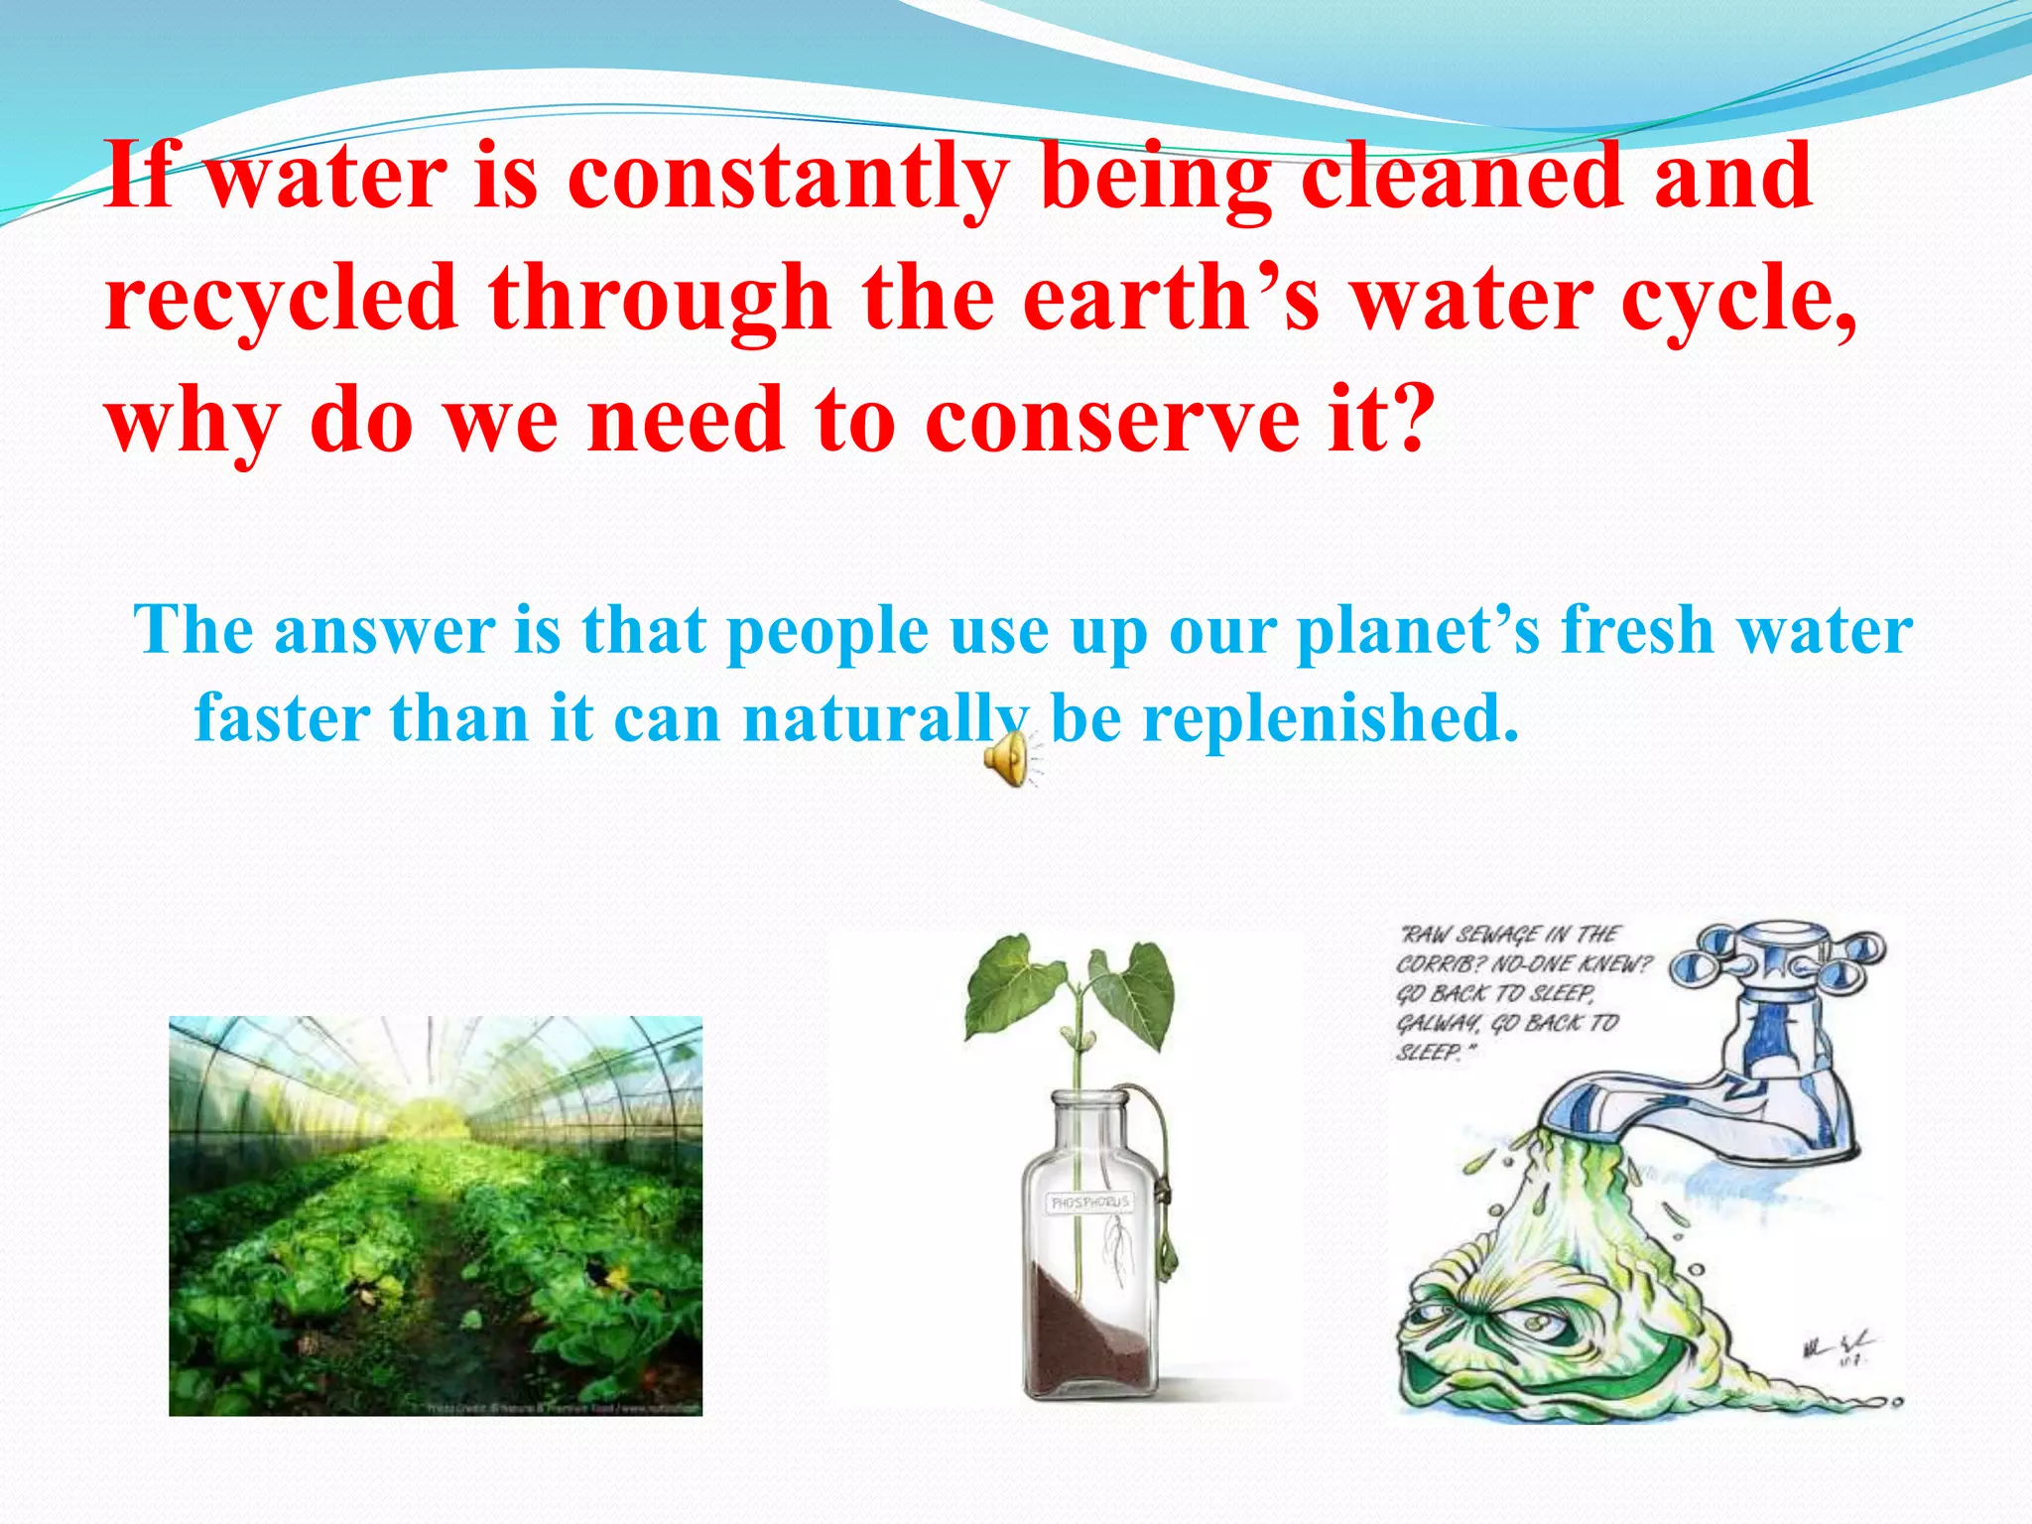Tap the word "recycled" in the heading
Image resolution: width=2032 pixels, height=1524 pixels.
pyautogui.click(x=281, y=298)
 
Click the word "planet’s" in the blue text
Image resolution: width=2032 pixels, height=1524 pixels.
pyautogui.click(x=1419, y=631)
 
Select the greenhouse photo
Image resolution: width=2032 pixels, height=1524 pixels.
pyautogui.click(x=435, y=1215)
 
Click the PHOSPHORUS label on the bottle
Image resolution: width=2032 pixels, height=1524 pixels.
pyautogui.click(x=1089, y=1203)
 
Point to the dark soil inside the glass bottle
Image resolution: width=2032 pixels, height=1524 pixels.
pyautogui.click(x=1081, y=1330)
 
